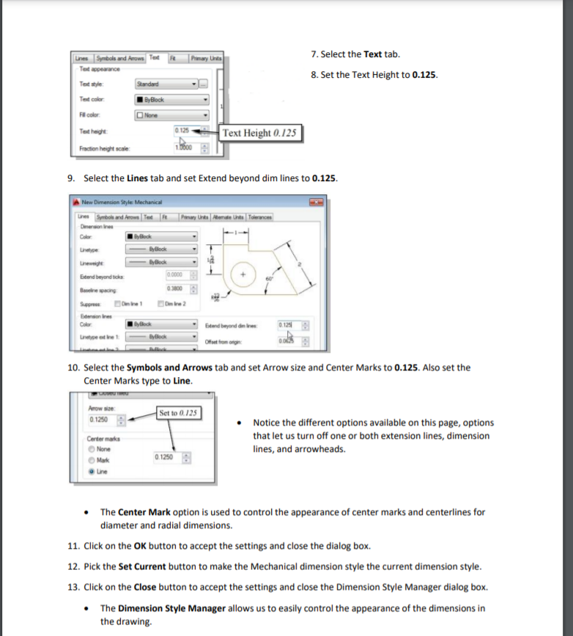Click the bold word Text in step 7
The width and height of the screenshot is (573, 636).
click(x=373, y=55)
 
